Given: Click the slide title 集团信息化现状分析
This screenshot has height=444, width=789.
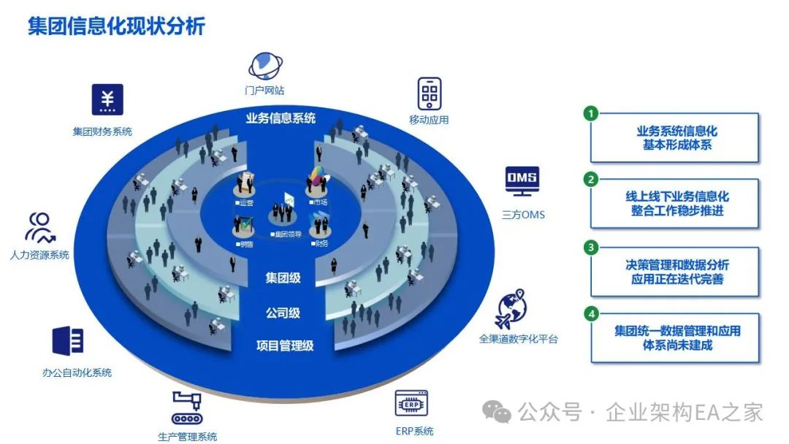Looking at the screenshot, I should pos(117,27).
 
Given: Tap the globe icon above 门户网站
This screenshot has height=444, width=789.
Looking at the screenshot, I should pos(265,66).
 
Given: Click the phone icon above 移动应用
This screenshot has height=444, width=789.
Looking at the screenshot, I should pos(430,93).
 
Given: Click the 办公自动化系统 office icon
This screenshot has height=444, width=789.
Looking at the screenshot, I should pos(68,341).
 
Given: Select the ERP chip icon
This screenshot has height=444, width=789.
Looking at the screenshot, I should pos(411,403).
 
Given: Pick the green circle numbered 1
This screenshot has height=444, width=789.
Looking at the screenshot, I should pos(591,113).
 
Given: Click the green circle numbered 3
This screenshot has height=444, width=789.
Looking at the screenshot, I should pos(591,248).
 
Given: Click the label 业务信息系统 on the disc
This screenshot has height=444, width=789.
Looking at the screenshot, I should pos(281,118).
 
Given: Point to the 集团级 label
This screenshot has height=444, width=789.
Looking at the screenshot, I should pos(283,278).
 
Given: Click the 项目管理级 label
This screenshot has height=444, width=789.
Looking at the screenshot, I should pos(285,345).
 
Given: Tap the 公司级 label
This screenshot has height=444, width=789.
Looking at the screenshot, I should pos(283,313).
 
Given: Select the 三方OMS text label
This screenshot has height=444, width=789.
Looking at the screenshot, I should pos(523,215).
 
